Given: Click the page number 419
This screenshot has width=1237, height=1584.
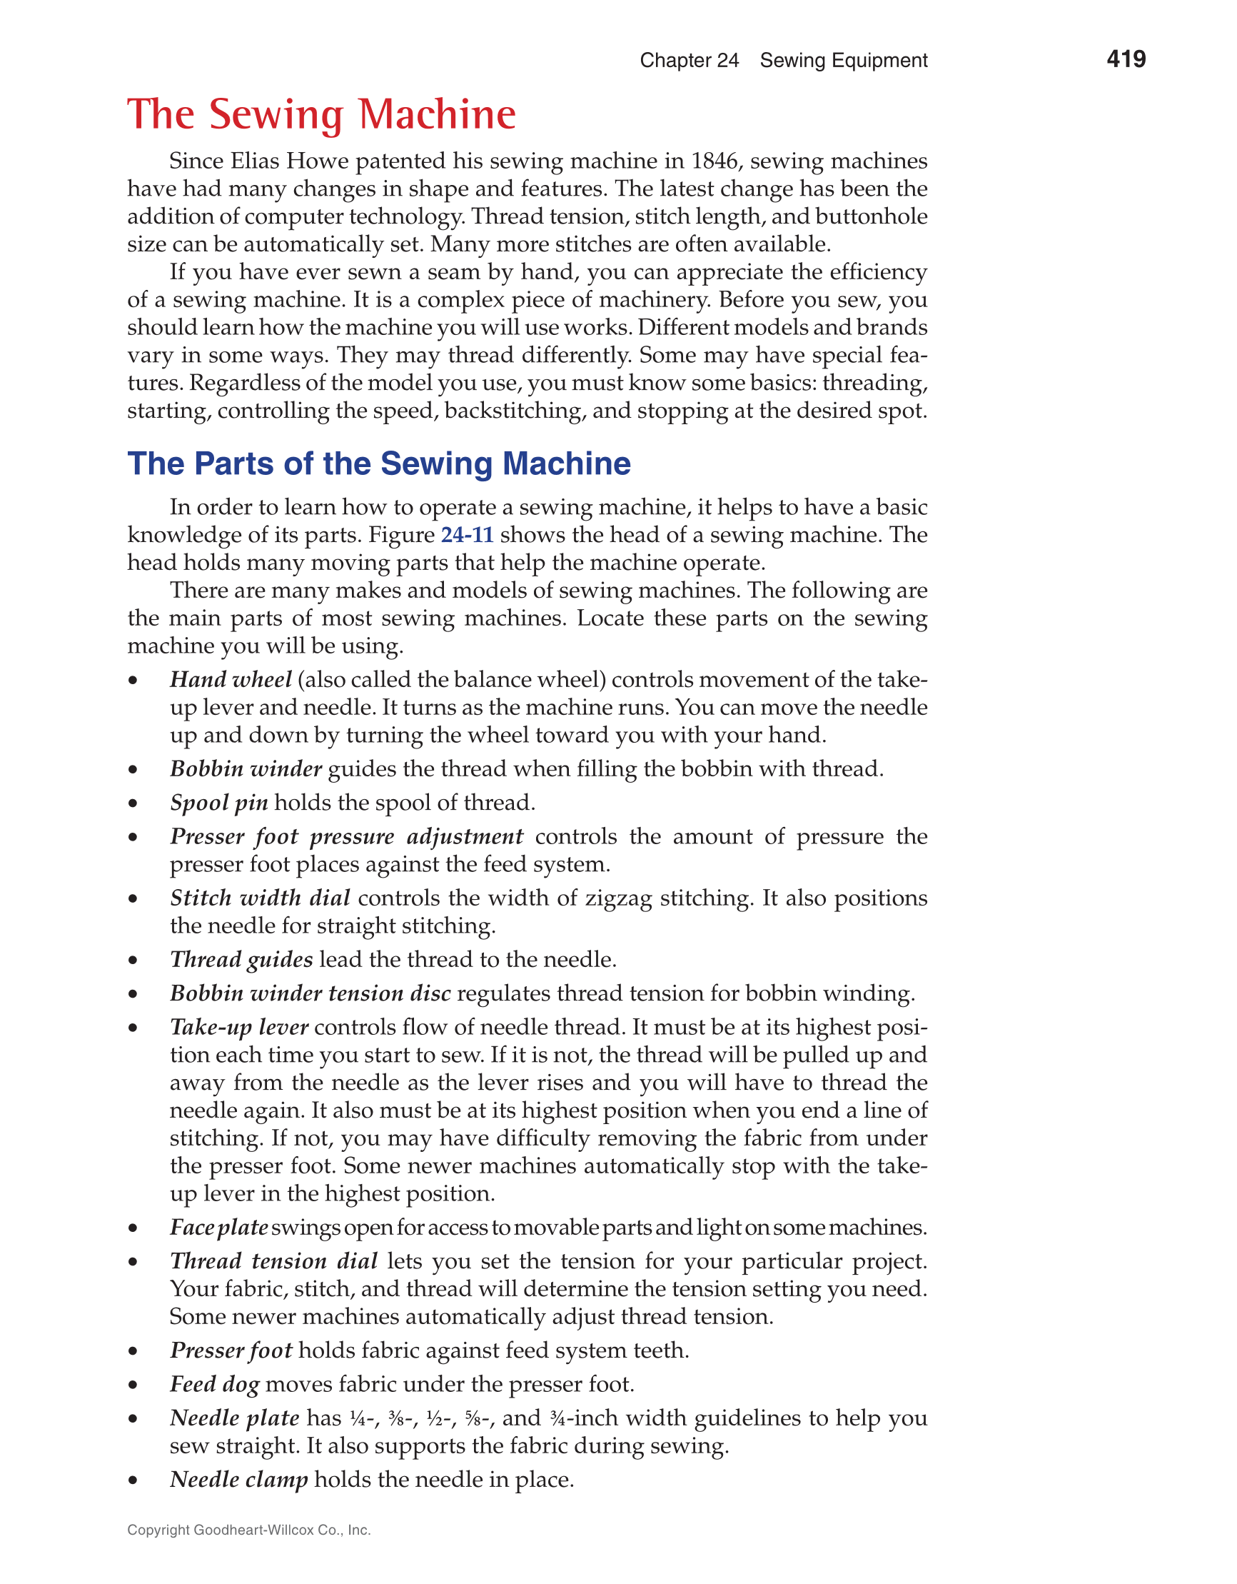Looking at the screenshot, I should pos(1126,59).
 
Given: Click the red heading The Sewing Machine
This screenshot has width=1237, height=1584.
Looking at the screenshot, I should pos(321,114).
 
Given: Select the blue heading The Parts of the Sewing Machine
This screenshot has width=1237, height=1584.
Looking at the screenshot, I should pos(378,463).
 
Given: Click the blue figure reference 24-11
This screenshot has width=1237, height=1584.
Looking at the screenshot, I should pos(467,535).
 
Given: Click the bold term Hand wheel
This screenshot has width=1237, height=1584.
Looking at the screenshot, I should pos(231,680).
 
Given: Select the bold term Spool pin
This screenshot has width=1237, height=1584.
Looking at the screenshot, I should pos(219,803).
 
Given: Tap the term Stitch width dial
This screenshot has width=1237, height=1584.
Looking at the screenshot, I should pos(261,898).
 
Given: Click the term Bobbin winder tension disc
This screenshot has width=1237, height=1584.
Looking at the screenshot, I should pos(310,993).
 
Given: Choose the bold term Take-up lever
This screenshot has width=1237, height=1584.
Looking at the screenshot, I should pos(239,1027).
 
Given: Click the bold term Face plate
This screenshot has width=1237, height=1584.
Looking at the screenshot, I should pos(219,1227).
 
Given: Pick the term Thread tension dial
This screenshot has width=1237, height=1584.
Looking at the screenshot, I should pos(273,1261).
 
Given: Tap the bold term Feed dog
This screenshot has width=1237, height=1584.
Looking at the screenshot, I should pos(215,1384).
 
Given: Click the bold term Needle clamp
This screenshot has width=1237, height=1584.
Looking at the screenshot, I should pos(238,1479).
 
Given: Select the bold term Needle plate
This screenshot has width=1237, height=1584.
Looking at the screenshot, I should pos(234,1418).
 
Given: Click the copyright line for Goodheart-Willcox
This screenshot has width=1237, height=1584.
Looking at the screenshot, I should pos(248,1530).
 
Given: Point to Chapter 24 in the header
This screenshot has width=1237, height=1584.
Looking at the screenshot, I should pos(689,60).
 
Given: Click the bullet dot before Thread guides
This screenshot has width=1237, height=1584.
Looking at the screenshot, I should pos(133,961).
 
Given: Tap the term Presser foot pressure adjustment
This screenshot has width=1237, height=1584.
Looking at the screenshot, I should pos(346,837).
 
